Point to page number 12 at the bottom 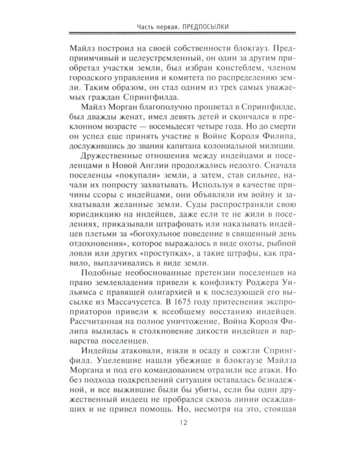pos(180,426)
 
